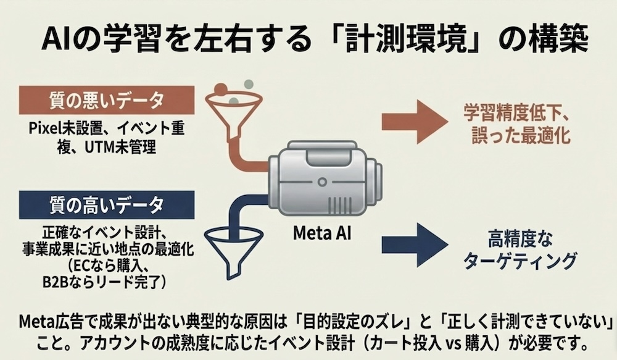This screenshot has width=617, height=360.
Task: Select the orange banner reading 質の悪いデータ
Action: pos(107,99)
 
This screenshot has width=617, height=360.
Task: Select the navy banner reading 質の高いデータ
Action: pos(107,203)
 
